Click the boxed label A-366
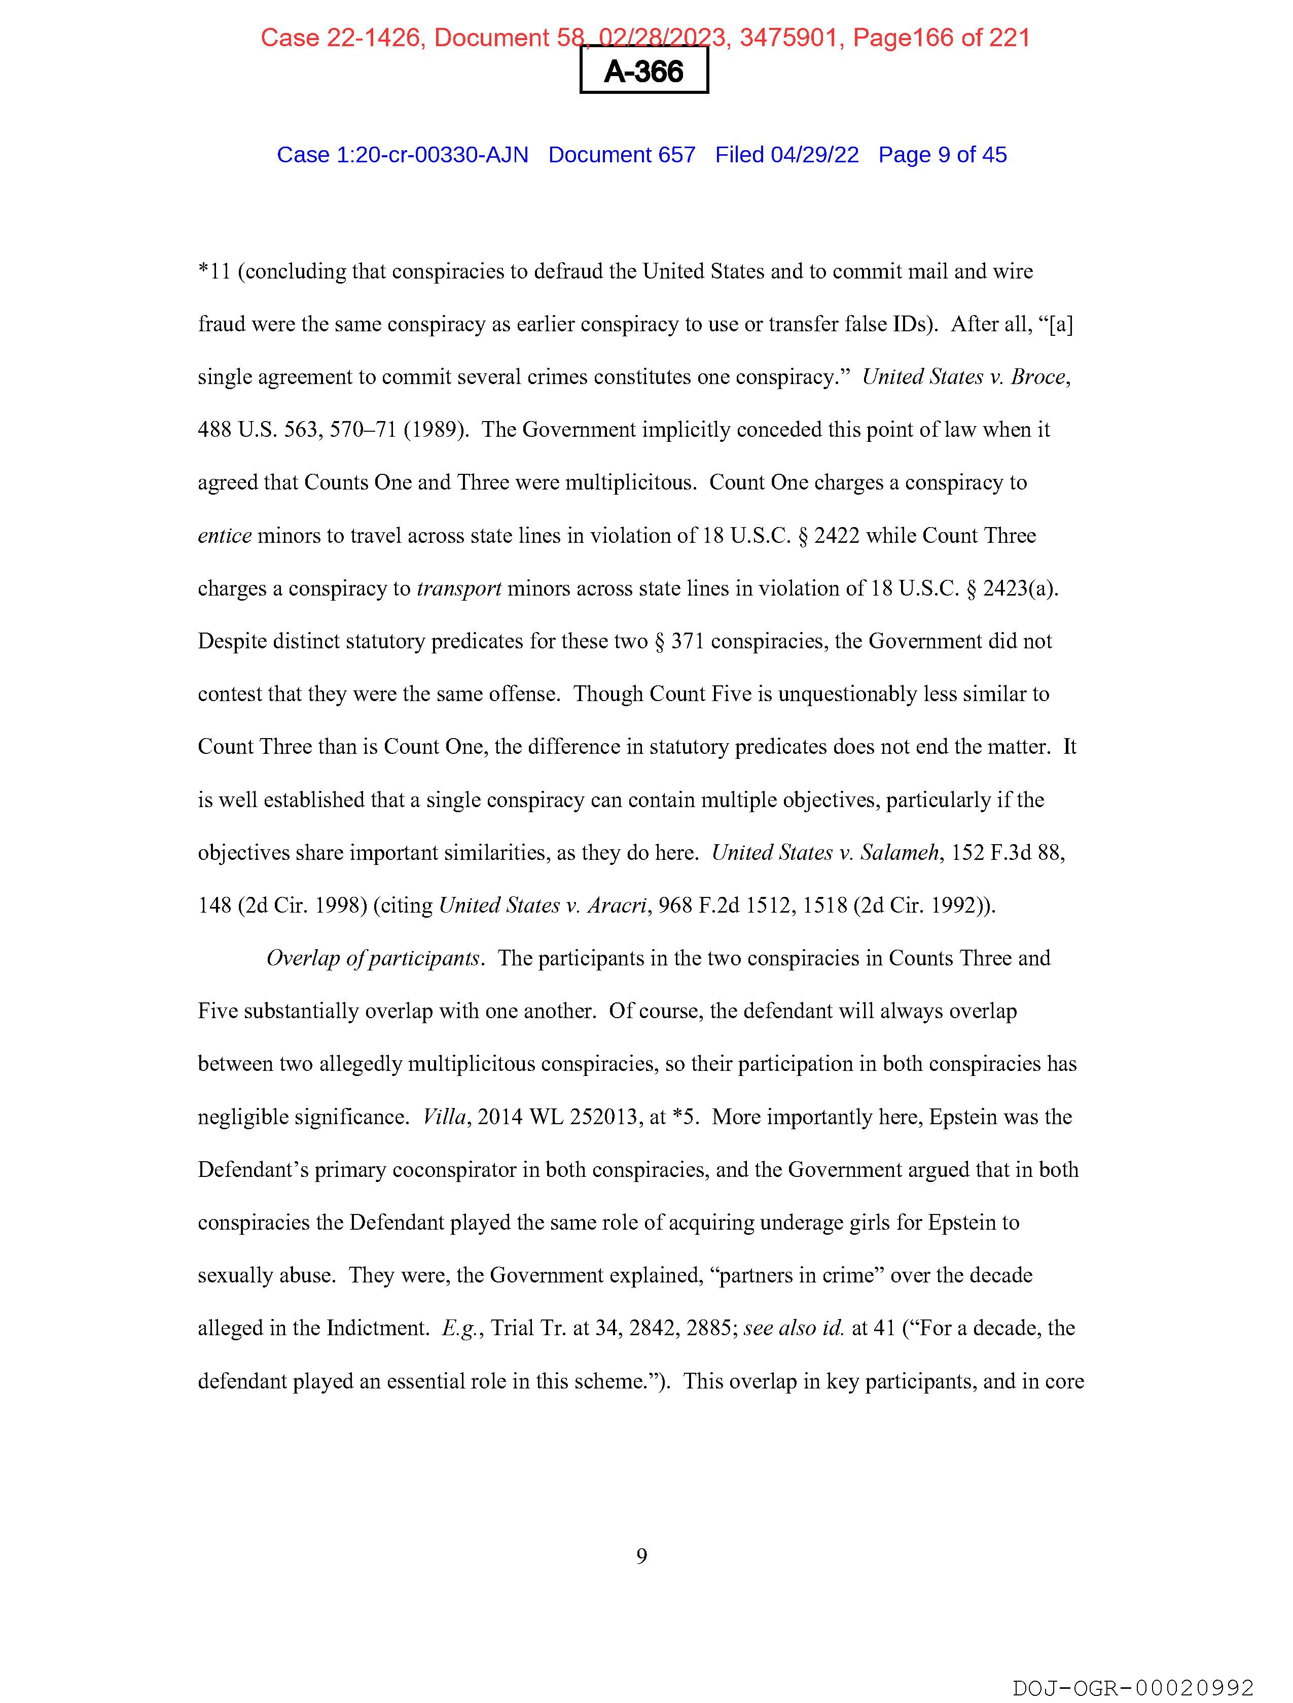click(643, 72)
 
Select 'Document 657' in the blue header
click(621, 155)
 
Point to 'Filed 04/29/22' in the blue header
click(786, 155)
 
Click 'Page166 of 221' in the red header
click(941, 38)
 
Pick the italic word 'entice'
click(224, 535)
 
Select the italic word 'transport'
click(459, 588)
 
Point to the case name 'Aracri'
click(616, 906)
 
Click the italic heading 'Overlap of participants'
click(373, 958)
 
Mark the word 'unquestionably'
click(847, 693)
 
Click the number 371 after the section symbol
click(687, 641)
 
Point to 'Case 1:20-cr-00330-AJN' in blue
click(402, 155)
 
